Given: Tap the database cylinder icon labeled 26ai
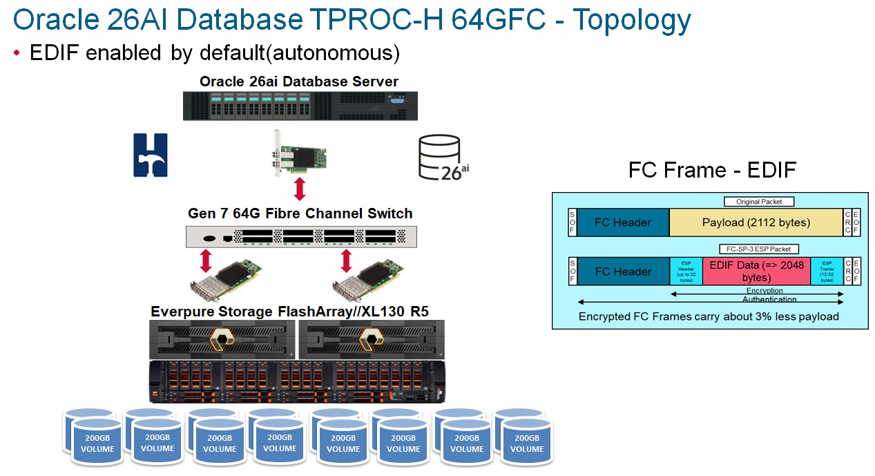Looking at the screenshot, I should tap(439, 158).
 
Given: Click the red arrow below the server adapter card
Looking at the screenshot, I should tap(300, 189).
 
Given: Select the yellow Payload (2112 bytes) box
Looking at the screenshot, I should tap(756, 222).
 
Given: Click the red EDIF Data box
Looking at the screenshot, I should tap(756, 272).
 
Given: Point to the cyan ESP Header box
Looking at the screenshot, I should tap(686, 272).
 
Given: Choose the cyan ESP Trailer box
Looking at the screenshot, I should tap(827, 272).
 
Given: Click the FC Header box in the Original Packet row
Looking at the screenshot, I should tap(623, 222).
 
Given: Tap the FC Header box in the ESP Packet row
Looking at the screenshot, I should tap(623, 272).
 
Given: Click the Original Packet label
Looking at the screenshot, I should tap(759, 202).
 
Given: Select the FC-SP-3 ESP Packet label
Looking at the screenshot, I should tap(759, 249).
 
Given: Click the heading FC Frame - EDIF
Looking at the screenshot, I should tap(712, 170).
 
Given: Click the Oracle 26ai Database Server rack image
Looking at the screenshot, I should tap(300, 106).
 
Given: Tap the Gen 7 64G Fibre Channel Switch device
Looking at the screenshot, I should tap(302, 237).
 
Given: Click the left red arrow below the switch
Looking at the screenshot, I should tap(205, 261).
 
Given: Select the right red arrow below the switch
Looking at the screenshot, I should tap(346, 261).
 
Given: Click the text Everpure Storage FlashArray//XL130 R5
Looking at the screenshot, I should tap(289, 312).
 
